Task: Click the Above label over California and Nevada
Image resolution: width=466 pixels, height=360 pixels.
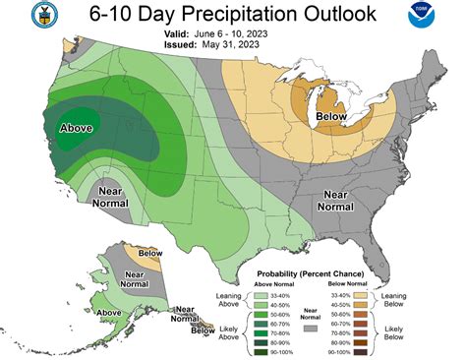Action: point(77,129)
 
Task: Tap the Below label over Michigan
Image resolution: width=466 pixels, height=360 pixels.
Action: point(331,118)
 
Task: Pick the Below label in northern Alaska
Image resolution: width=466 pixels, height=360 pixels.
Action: point(150,254)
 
